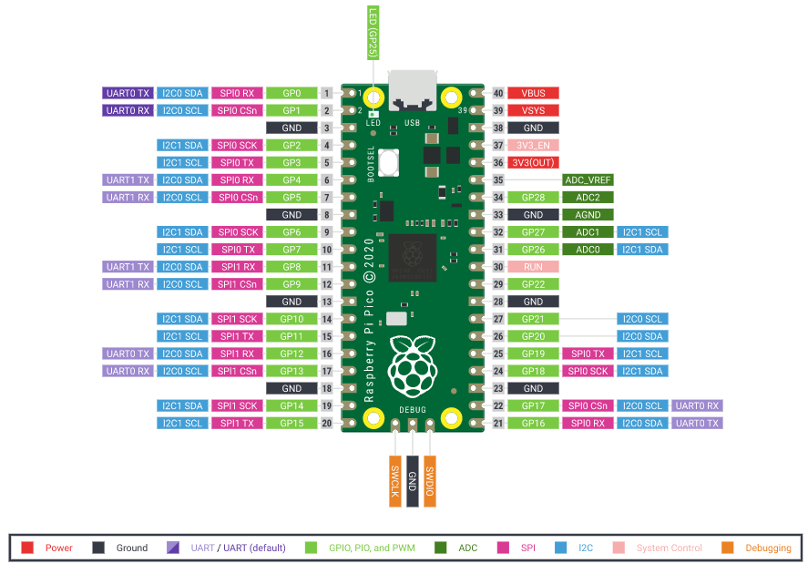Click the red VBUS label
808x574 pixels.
click(533, 93)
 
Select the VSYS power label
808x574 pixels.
click(533, 111)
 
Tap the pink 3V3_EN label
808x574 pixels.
click(533, 145)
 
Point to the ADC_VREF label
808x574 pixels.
click(588, 180)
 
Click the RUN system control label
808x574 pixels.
click(533, 267)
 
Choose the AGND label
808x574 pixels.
click(588, 215)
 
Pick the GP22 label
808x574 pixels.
click(533, 284)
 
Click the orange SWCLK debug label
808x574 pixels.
click(395, 481)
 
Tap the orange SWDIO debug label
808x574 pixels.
click(430, 481)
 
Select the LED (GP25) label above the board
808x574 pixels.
click(373, 33)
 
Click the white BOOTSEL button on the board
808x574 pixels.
click(388, 162)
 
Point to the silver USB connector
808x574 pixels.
click(413, 91)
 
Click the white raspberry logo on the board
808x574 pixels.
click(413, 366)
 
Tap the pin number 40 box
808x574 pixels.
click(498, 93)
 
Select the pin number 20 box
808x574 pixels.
click(327, 424)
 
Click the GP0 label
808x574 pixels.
click(291, 93)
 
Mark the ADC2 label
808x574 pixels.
click(588, 198)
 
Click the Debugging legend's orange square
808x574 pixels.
click(728, 548)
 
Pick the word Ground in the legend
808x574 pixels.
click(132, 548)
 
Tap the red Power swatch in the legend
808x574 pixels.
click(27, 548)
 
